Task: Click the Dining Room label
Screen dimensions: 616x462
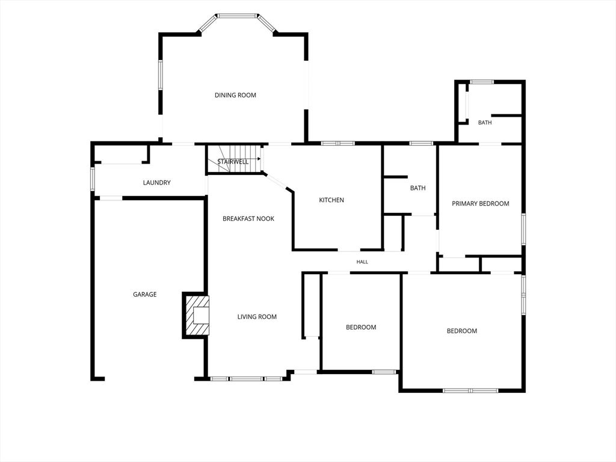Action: click(x=235, y=95)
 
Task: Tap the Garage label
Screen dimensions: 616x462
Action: click(x=144, y=294)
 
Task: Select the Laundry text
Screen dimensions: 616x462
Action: click(x=157, y=183)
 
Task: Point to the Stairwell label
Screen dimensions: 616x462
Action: click(x=233, y=162)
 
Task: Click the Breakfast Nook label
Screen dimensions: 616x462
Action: click(x=248, y=218)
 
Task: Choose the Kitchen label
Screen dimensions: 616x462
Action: click(x=331, y=200)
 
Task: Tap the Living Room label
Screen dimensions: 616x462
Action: click(x=257, y=316)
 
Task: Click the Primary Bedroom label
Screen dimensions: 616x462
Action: click(x=481, y=203)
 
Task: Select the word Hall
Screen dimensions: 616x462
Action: click(x=362, y=262)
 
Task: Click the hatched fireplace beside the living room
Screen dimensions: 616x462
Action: click(x=196, y=315)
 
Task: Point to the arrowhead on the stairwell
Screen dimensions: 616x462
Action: click(x=259, y=159)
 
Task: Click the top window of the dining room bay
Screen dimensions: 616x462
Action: click(x=237, y=16)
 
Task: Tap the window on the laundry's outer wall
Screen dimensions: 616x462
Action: click(x=93, y=179)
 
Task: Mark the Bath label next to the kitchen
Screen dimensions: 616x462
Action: click(x=417, y=188)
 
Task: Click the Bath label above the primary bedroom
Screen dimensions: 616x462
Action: click(x=485, y=123)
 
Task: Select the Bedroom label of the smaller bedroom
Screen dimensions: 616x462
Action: click(x=361, y=327)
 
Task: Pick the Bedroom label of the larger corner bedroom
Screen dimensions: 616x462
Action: click(x=462, y=331)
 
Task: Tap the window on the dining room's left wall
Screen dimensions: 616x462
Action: click(x=160, y=75)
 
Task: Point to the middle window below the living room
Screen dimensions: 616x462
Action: click(x=246, y=379)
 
